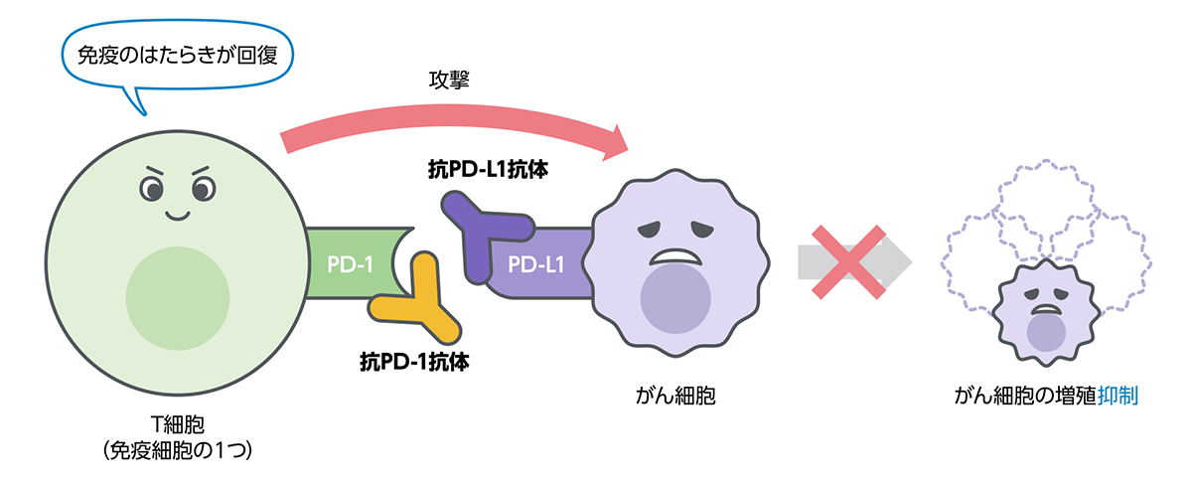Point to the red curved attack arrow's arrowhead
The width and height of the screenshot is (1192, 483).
[621, 141]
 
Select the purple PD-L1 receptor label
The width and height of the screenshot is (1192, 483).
[536, 265]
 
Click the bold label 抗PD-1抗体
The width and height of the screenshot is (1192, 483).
[414, 361]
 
